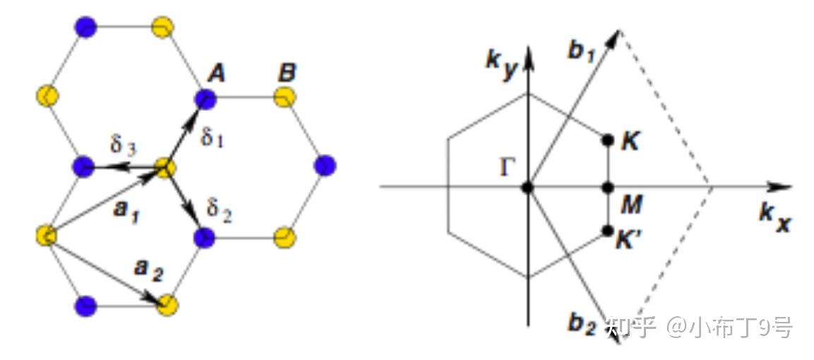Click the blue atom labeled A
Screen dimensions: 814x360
205,97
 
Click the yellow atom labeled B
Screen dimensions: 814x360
285,97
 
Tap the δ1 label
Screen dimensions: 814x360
212,136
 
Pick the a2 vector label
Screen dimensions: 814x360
148,270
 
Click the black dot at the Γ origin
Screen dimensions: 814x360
527,187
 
